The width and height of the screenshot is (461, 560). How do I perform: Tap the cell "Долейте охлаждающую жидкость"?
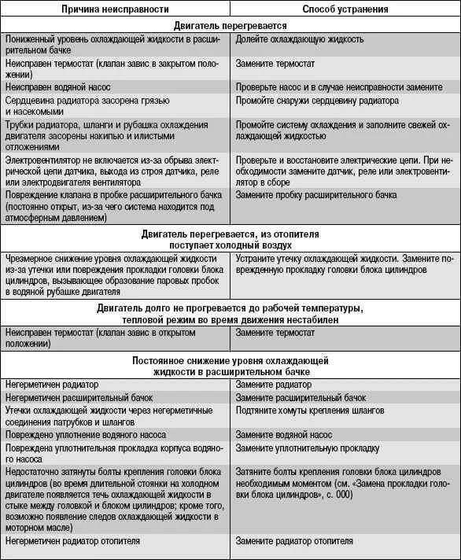(x=299, y=39)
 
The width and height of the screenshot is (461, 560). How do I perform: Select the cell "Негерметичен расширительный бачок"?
(x=78, y=398)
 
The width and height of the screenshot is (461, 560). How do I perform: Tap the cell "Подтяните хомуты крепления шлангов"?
(x=310, y=411)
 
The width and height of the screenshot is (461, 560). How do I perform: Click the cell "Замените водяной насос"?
(x=284, y=434)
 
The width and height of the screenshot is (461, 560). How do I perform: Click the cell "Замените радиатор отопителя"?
(x=296, y=541)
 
